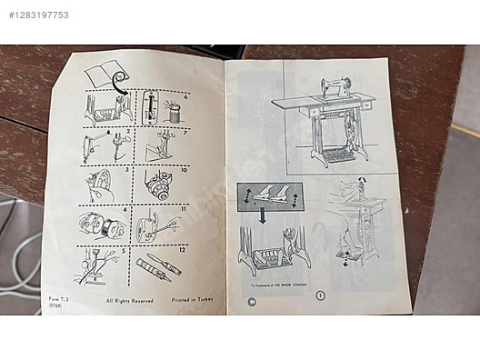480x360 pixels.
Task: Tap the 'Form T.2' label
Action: (58, 299)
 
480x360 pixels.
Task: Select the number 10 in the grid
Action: (183, 170)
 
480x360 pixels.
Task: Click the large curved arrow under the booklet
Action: (118, 86)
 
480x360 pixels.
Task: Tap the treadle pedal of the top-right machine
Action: (340, 155)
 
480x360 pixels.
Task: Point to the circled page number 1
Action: (319, 295)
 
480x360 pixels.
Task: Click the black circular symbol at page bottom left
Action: (241, 296)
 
